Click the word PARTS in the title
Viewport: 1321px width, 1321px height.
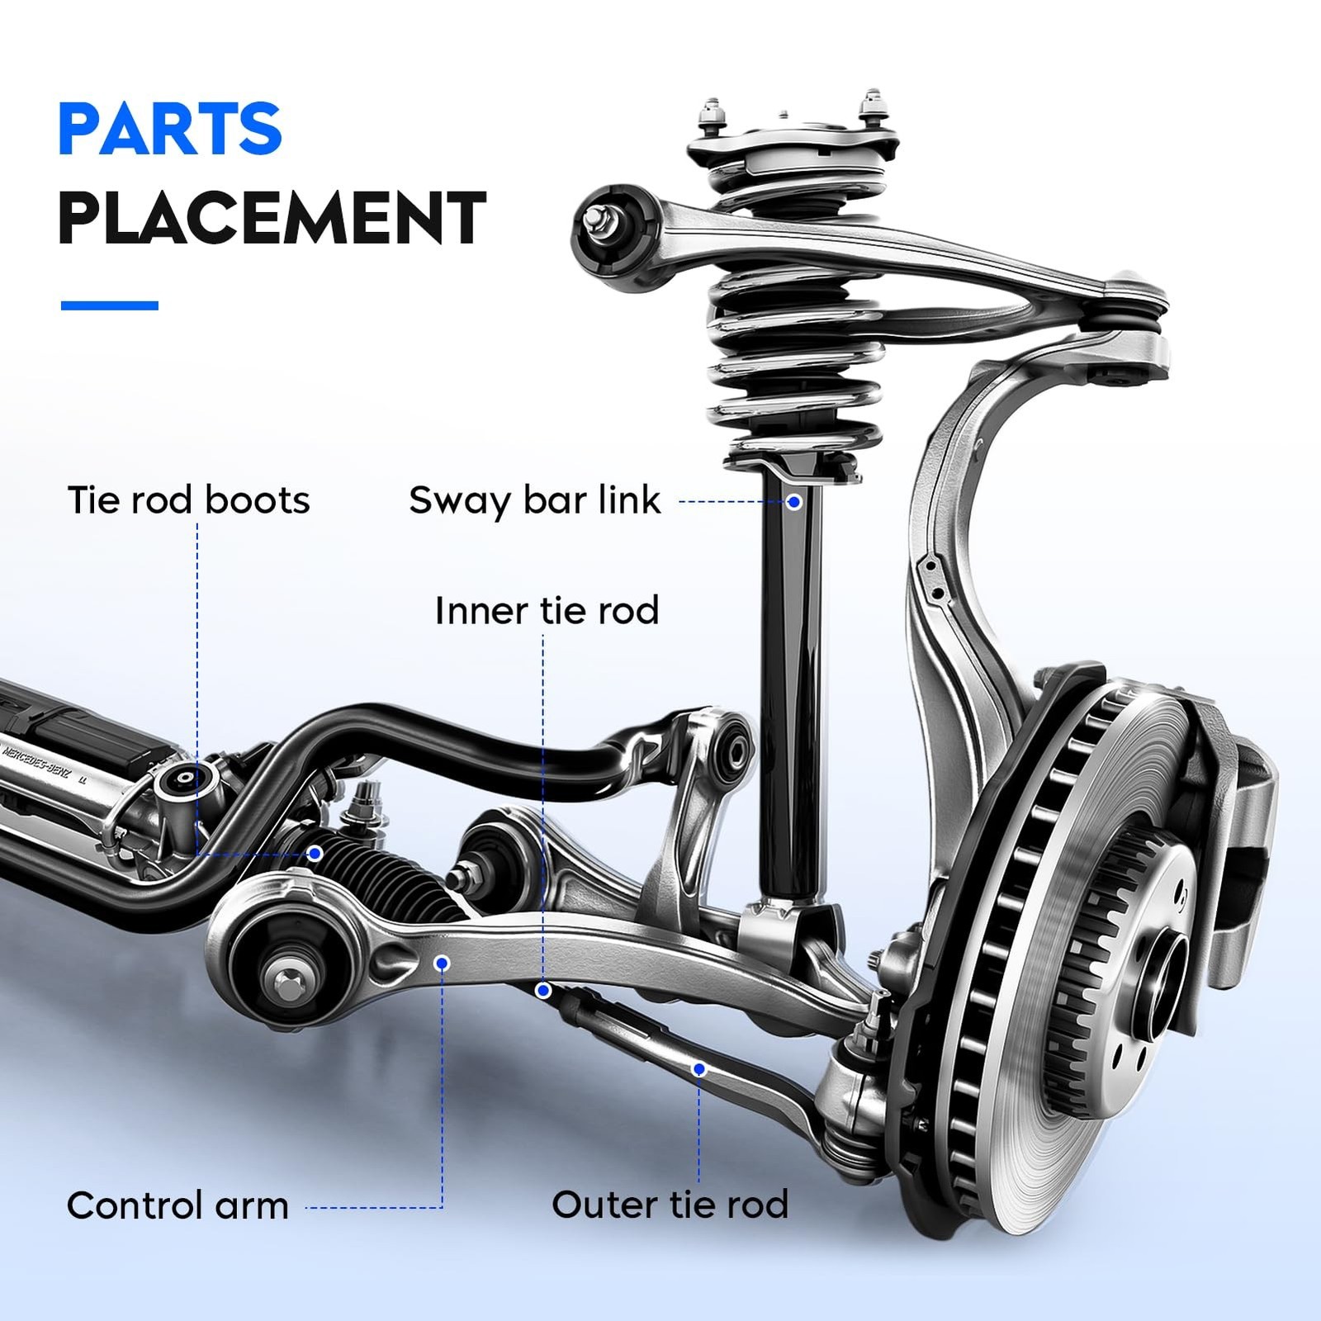tap(170, 129)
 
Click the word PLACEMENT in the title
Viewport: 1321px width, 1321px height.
tap(272, 218)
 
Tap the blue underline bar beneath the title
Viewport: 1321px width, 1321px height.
tap(110, 305)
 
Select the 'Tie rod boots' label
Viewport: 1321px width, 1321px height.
tap(188, 500)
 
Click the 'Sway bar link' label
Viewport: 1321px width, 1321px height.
tap(534, 500)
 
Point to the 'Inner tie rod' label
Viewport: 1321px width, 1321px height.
tap(547, 611)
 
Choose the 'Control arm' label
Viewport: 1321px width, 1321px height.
tap(178, 1205)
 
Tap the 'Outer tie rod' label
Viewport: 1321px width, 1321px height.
tap(670, 1205)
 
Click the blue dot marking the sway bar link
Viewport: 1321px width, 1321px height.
tap(793, 501)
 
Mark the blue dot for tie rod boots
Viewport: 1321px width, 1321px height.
tap(315, 853)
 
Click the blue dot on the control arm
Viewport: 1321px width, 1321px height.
tap(443, 963)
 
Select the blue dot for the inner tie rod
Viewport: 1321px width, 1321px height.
tap(543, 990)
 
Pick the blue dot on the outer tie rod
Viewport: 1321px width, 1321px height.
tap(699, 1069)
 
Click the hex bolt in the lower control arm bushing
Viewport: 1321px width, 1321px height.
tap(286, 982)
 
